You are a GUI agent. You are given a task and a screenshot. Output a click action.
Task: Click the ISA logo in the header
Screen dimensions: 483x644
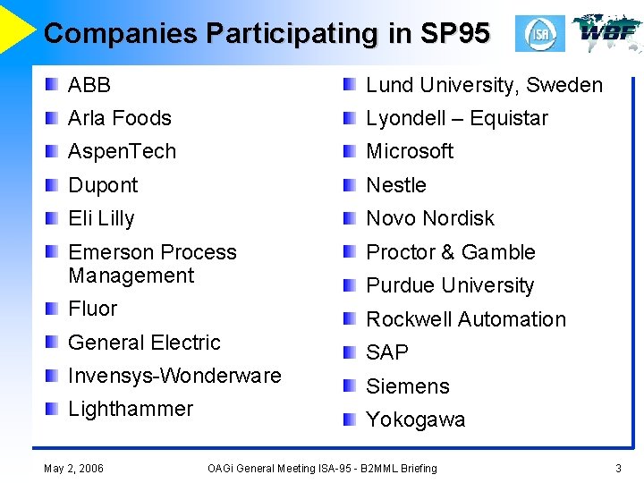tap(540, 34)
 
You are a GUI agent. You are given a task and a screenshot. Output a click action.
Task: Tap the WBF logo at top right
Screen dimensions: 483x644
tap(607, 31)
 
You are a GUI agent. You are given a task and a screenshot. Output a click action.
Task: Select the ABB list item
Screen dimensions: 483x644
tap(89, 85)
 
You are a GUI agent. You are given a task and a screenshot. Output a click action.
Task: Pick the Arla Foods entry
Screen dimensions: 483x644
tap(120, 118)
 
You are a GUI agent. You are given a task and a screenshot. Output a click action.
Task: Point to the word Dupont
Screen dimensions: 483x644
tap(103, 185)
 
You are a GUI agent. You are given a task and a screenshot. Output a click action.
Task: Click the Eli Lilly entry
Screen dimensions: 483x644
tap(101, 218)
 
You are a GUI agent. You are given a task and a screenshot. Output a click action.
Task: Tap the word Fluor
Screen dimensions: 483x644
tap(93, 309)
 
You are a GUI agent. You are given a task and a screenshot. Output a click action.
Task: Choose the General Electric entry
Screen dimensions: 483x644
tap(144, 343)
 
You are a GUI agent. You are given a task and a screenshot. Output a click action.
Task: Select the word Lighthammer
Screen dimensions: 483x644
tap(131, 409)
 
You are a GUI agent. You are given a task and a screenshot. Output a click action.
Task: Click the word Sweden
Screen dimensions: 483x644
tap(564, 85)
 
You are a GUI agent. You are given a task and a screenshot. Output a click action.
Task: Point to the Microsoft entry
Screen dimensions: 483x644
tap(410, 151)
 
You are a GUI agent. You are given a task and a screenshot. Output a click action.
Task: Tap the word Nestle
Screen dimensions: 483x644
tap(396, 185)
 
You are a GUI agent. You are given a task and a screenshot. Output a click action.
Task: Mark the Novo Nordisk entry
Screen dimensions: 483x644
tap(430, 218)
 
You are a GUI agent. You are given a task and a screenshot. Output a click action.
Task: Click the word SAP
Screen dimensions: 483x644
tap(387, 352)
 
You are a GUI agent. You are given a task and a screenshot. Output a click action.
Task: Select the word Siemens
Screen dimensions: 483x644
tap(408, 386)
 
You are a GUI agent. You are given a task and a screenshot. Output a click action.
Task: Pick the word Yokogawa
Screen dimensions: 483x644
tap(416, 419)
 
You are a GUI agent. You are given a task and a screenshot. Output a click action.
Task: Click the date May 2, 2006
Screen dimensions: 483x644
tap(73, 468)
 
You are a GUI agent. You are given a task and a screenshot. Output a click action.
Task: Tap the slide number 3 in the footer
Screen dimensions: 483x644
tap(618, 468)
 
